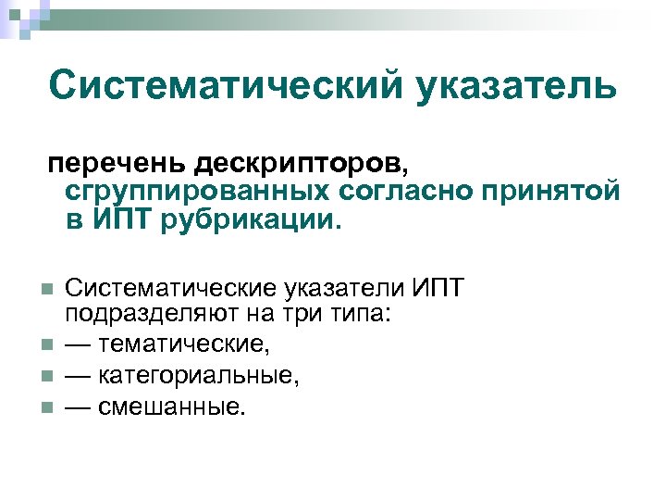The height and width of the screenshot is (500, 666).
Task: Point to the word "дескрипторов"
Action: coord(299,164)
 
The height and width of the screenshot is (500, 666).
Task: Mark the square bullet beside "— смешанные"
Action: coord(45,406)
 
